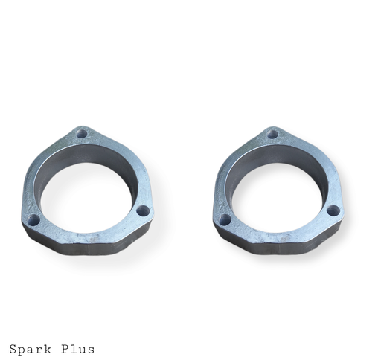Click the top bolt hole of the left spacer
click(x=82, y=134)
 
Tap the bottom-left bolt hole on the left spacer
click(x=33, y=220)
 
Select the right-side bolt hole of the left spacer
click(x=143, y=211)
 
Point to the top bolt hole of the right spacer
click(x=273, y=135)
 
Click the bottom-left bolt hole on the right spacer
click(x=225, y=219)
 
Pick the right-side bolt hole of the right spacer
click(x=333, y=211)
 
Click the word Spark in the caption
click(x=31, y=349)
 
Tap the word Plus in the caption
click(x=78, y=349)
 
